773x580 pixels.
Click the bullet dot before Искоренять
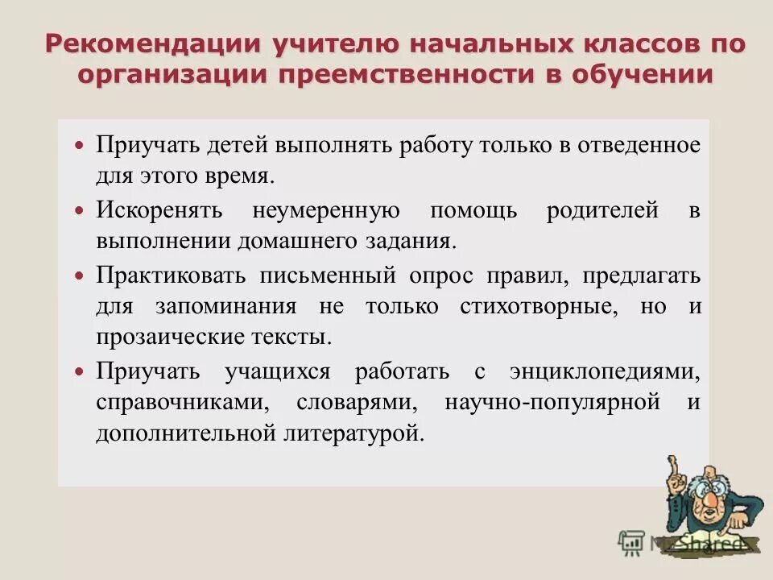click(x=79, y=210)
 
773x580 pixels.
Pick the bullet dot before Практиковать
click(x=79, y=275)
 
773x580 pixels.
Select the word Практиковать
click(x=171, y=275)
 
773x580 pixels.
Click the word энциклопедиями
click(x=606, y=371)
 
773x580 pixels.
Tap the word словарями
click(x=355, y=402)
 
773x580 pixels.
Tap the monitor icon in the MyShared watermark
click(x=631, y=542)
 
